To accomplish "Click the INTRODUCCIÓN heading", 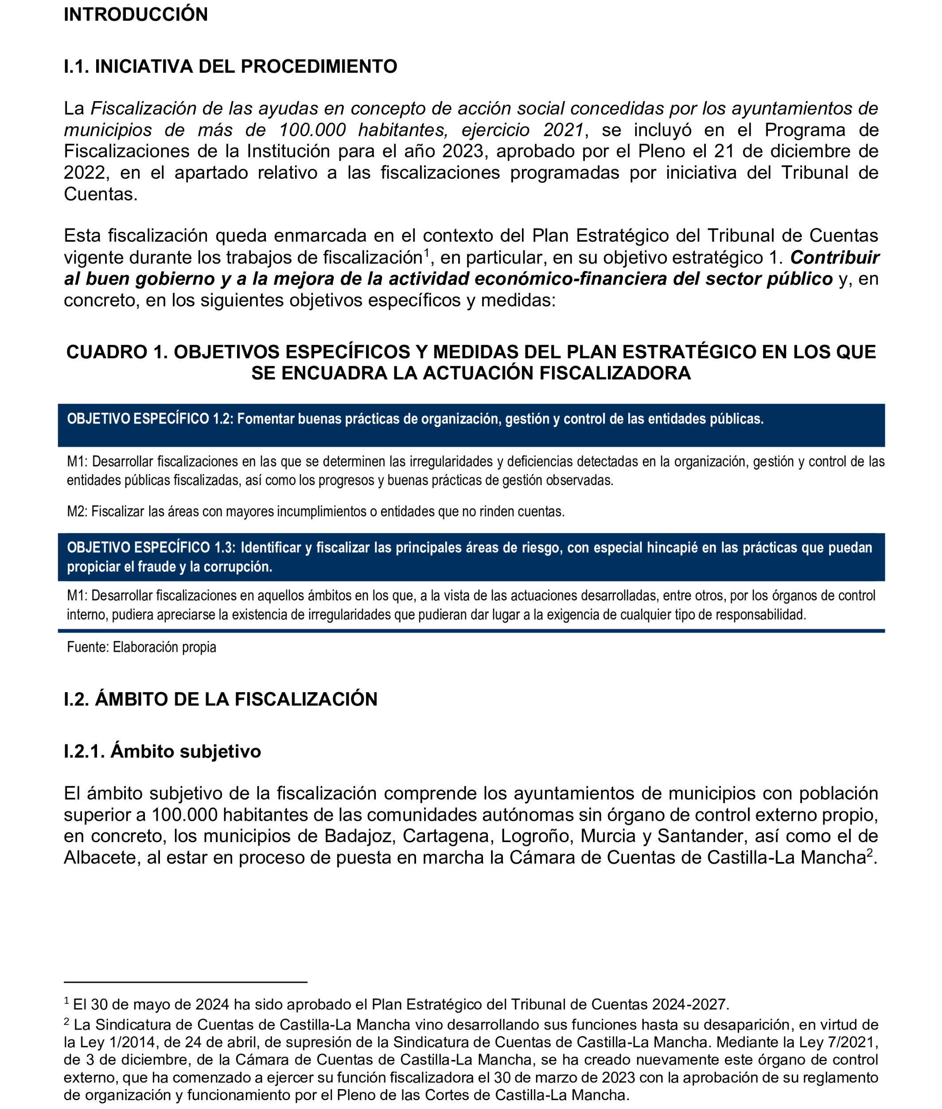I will [x=136, y=15].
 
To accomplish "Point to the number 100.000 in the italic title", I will [x=312, y=130].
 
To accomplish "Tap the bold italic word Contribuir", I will [x=834, y=257].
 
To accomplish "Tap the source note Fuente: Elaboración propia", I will [x=141, y=647].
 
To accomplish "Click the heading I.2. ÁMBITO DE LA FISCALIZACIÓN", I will [x=220, y=699].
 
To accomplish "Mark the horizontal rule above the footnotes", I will [x=185, y=982].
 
